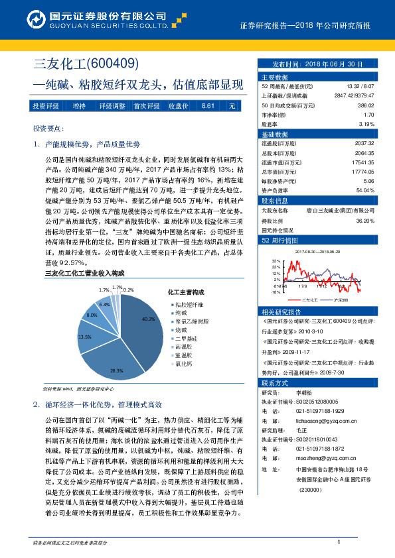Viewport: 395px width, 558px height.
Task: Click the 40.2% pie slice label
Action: [x=148, y=319]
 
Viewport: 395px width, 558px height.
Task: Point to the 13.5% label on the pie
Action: [x=84, y=337]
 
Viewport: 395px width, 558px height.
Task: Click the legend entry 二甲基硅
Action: [x=183, y=337]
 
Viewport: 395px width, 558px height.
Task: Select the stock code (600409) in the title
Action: [x=112, y=64]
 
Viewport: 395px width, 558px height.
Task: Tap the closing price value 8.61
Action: [x=208, y=106]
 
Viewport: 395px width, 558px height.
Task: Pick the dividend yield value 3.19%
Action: [x=366, y=123]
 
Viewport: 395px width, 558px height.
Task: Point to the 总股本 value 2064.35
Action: [x=365, y=152]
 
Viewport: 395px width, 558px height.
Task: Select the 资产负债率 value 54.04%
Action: [x=365, y=189]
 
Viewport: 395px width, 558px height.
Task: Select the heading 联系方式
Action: [x=275, y=383]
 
